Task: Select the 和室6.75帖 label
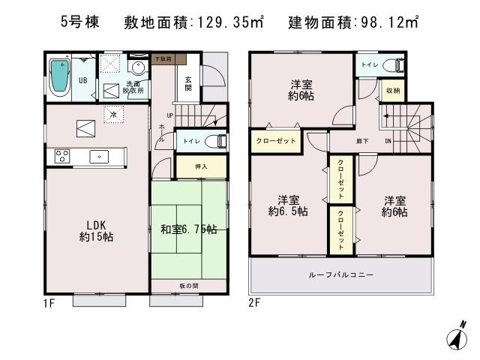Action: pos(187,229)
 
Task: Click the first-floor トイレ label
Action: pos(193,139)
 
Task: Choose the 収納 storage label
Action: pos(392,91)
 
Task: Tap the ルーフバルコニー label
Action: pos(341,275)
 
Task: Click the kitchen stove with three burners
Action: pos(61,156)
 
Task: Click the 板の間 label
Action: pos(188,286)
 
